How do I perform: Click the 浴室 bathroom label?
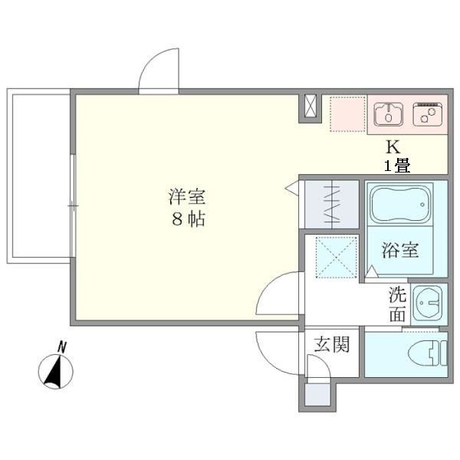pyautogui.click(x=399, y=250)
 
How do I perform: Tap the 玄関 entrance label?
pyautogui.click(x=331, y=345)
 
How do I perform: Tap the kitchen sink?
pyautogui.click(x=389, y=114)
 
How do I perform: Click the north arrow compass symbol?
pyautogui.click(x=56, y=373)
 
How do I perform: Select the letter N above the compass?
pyautogui.click(x=63, y=346)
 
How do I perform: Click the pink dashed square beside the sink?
pyautogui.click(x=348, y=113)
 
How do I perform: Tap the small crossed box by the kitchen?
pyautogui.click(x=310, y=108)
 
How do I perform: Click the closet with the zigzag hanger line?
pyautogui.click(x=330, y=203)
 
